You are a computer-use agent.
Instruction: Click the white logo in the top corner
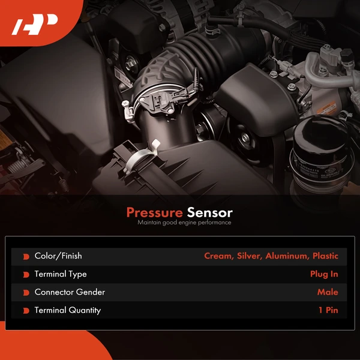[x=35, y=25]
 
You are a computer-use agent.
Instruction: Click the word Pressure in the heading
[x=155, y=212]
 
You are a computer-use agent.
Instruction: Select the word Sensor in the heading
[x=209, y=212]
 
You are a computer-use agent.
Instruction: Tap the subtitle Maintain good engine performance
[x=184, y=223]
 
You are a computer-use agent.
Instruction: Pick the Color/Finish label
[x=58, y=256]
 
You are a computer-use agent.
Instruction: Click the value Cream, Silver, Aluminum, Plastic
[x=271, y=256]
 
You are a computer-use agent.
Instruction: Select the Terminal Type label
[x=61, y=274]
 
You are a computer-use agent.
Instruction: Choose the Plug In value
[x=324, y=274]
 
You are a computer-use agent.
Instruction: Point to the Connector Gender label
[x=70, y=292]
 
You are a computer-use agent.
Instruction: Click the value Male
[x=328, y=292]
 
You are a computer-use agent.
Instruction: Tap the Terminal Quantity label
[x=68, y=310]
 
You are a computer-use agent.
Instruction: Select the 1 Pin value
[x=328, y=310]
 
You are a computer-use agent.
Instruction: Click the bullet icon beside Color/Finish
[x=26, y=256]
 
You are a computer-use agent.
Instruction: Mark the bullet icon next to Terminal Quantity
[x=26, y=311]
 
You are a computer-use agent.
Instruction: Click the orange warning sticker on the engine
[x=327, y=108]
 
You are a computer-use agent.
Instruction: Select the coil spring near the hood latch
[x=64, y=185]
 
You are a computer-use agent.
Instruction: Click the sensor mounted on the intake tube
[x=161, y=101]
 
